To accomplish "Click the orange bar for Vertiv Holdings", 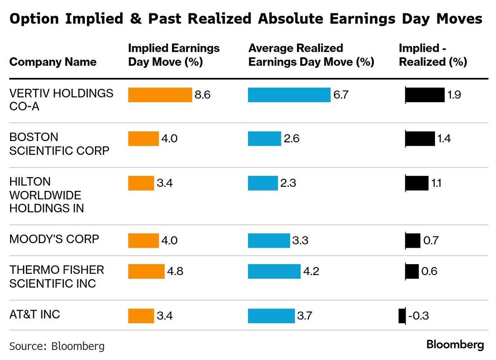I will pos(160,95).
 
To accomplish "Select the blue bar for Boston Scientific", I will pos(264,139).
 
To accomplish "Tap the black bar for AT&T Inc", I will pos(402,316).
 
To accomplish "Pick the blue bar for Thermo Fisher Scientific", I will pos(274,271).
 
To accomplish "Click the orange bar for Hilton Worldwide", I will pos(141,183).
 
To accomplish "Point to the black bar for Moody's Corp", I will pos(413,241).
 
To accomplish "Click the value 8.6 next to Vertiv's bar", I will pos(202,95).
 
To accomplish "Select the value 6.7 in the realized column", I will pos(341,95).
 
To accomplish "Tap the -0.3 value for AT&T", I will pos(418,316).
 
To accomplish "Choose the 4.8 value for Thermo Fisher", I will pos(175,271).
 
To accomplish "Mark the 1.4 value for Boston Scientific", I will pos(444,139).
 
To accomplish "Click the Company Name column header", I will pos(53,62).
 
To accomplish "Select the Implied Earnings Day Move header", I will pos(174,55).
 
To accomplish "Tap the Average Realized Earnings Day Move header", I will pos(311,55).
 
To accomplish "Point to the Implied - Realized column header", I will pos(432,55).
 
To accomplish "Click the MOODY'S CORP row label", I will pos(54,239).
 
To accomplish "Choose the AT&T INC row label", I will pos(34,314).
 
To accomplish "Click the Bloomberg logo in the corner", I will pos(455,345).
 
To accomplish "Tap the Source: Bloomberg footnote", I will pos(57,346).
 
